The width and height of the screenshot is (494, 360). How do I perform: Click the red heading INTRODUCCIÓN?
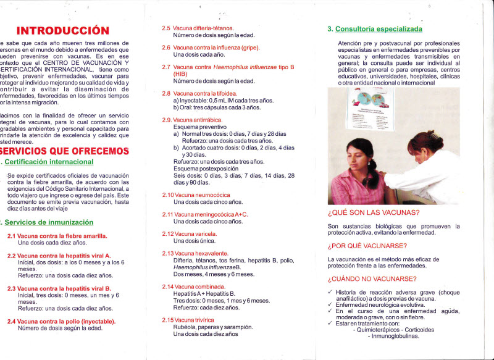[x=63, y=30]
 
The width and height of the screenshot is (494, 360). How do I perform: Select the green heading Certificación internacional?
[x=49, y=162]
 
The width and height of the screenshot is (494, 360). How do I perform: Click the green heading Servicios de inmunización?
[x=49, y=222]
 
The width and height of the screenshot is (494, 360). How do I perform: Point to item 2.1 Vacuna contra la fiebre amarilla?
[x=57, y=236]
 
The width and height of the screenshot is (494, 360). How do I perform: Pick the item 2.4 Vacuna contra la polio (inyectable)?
[x=62, y=321]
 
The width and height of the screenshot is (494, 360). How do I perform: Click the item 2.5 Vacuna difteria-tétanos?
[x=198, y=28]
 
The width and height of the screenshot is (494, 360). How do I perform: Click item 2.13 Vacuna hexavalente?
[x=195, y=253]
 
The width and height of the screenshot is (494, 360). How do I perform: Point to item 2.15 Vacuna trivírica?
[x=188, y=320]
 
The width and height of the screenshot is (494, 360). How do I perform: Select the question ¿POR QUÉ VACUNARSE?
[x=367, y=246]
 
